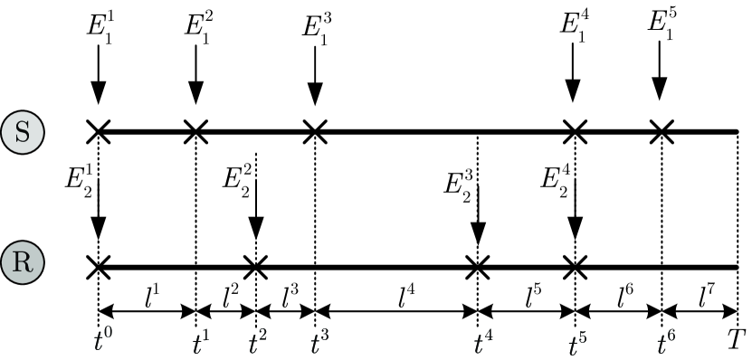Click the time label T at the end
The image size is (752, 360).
(x=738, y=343)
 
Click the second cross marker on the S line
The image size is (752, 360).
(x=195, y=131)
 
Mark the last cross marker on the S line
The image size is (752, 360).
(x=662, y=131)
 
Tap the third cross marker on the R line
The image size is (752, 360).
(x=476, y=267)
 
